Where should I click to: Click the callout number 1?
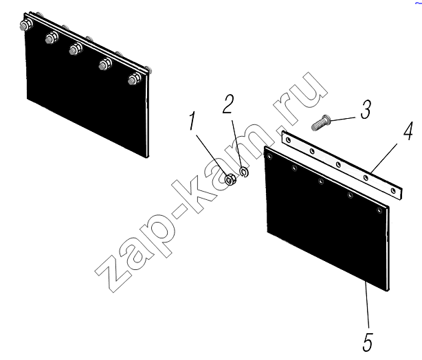(x=192, y=121)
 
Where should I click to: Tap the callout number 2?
(x=228, y=104)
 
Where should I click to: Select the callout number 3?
(x=366, y=109)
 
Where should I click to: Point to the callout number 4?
(x=408, y=131)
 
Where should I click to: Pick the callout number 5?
(x=368, y=342)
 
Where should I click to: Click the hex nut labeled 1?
(x=230, y=179)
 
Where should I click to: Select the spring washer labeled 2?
(x=244, y=172)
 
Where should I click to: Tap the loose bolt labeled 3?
(x=321, y=122)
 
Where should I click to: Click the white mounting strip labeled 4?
(x=342, y=165)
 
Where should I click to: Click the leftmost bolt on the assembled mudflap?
(x=26, y=25)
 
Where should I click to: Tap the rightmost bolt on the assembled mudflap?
(x=135, y=79)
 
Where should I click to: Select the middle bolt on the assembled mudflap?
(x=76, y=49)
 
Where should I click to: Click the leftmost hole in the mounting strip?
(x=289, y=140)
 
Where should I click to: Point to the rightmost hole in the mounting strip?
(x=393, y=191)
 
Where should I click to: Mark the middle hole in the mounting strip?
(x=339, y=164)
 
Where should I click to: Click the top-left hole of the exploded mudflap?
(x=269, y=156)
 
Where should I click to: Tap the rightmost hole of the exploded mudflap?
(x=379, y=210)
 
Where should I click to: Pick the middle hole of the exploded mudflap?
(x=321, y=181)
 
